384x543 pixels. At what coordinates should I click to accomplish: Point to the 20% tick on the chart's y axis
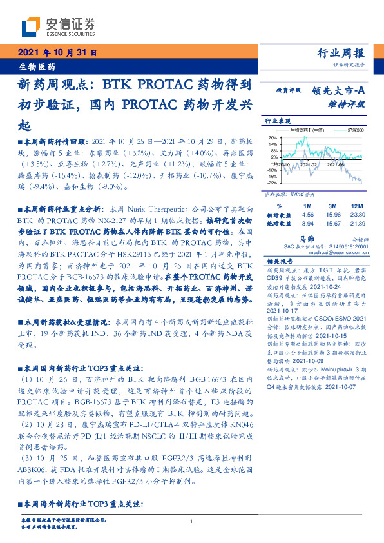click(x=273, y=137)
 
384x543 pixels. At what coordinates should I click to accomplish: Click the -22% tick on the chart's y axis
click(x=273, y=183)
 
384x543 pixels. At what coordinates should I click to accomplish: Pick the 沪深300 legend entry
click(x=355, y=130)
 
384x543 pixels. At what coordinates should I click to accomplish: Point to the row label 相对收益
click(x=277, y=213)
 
